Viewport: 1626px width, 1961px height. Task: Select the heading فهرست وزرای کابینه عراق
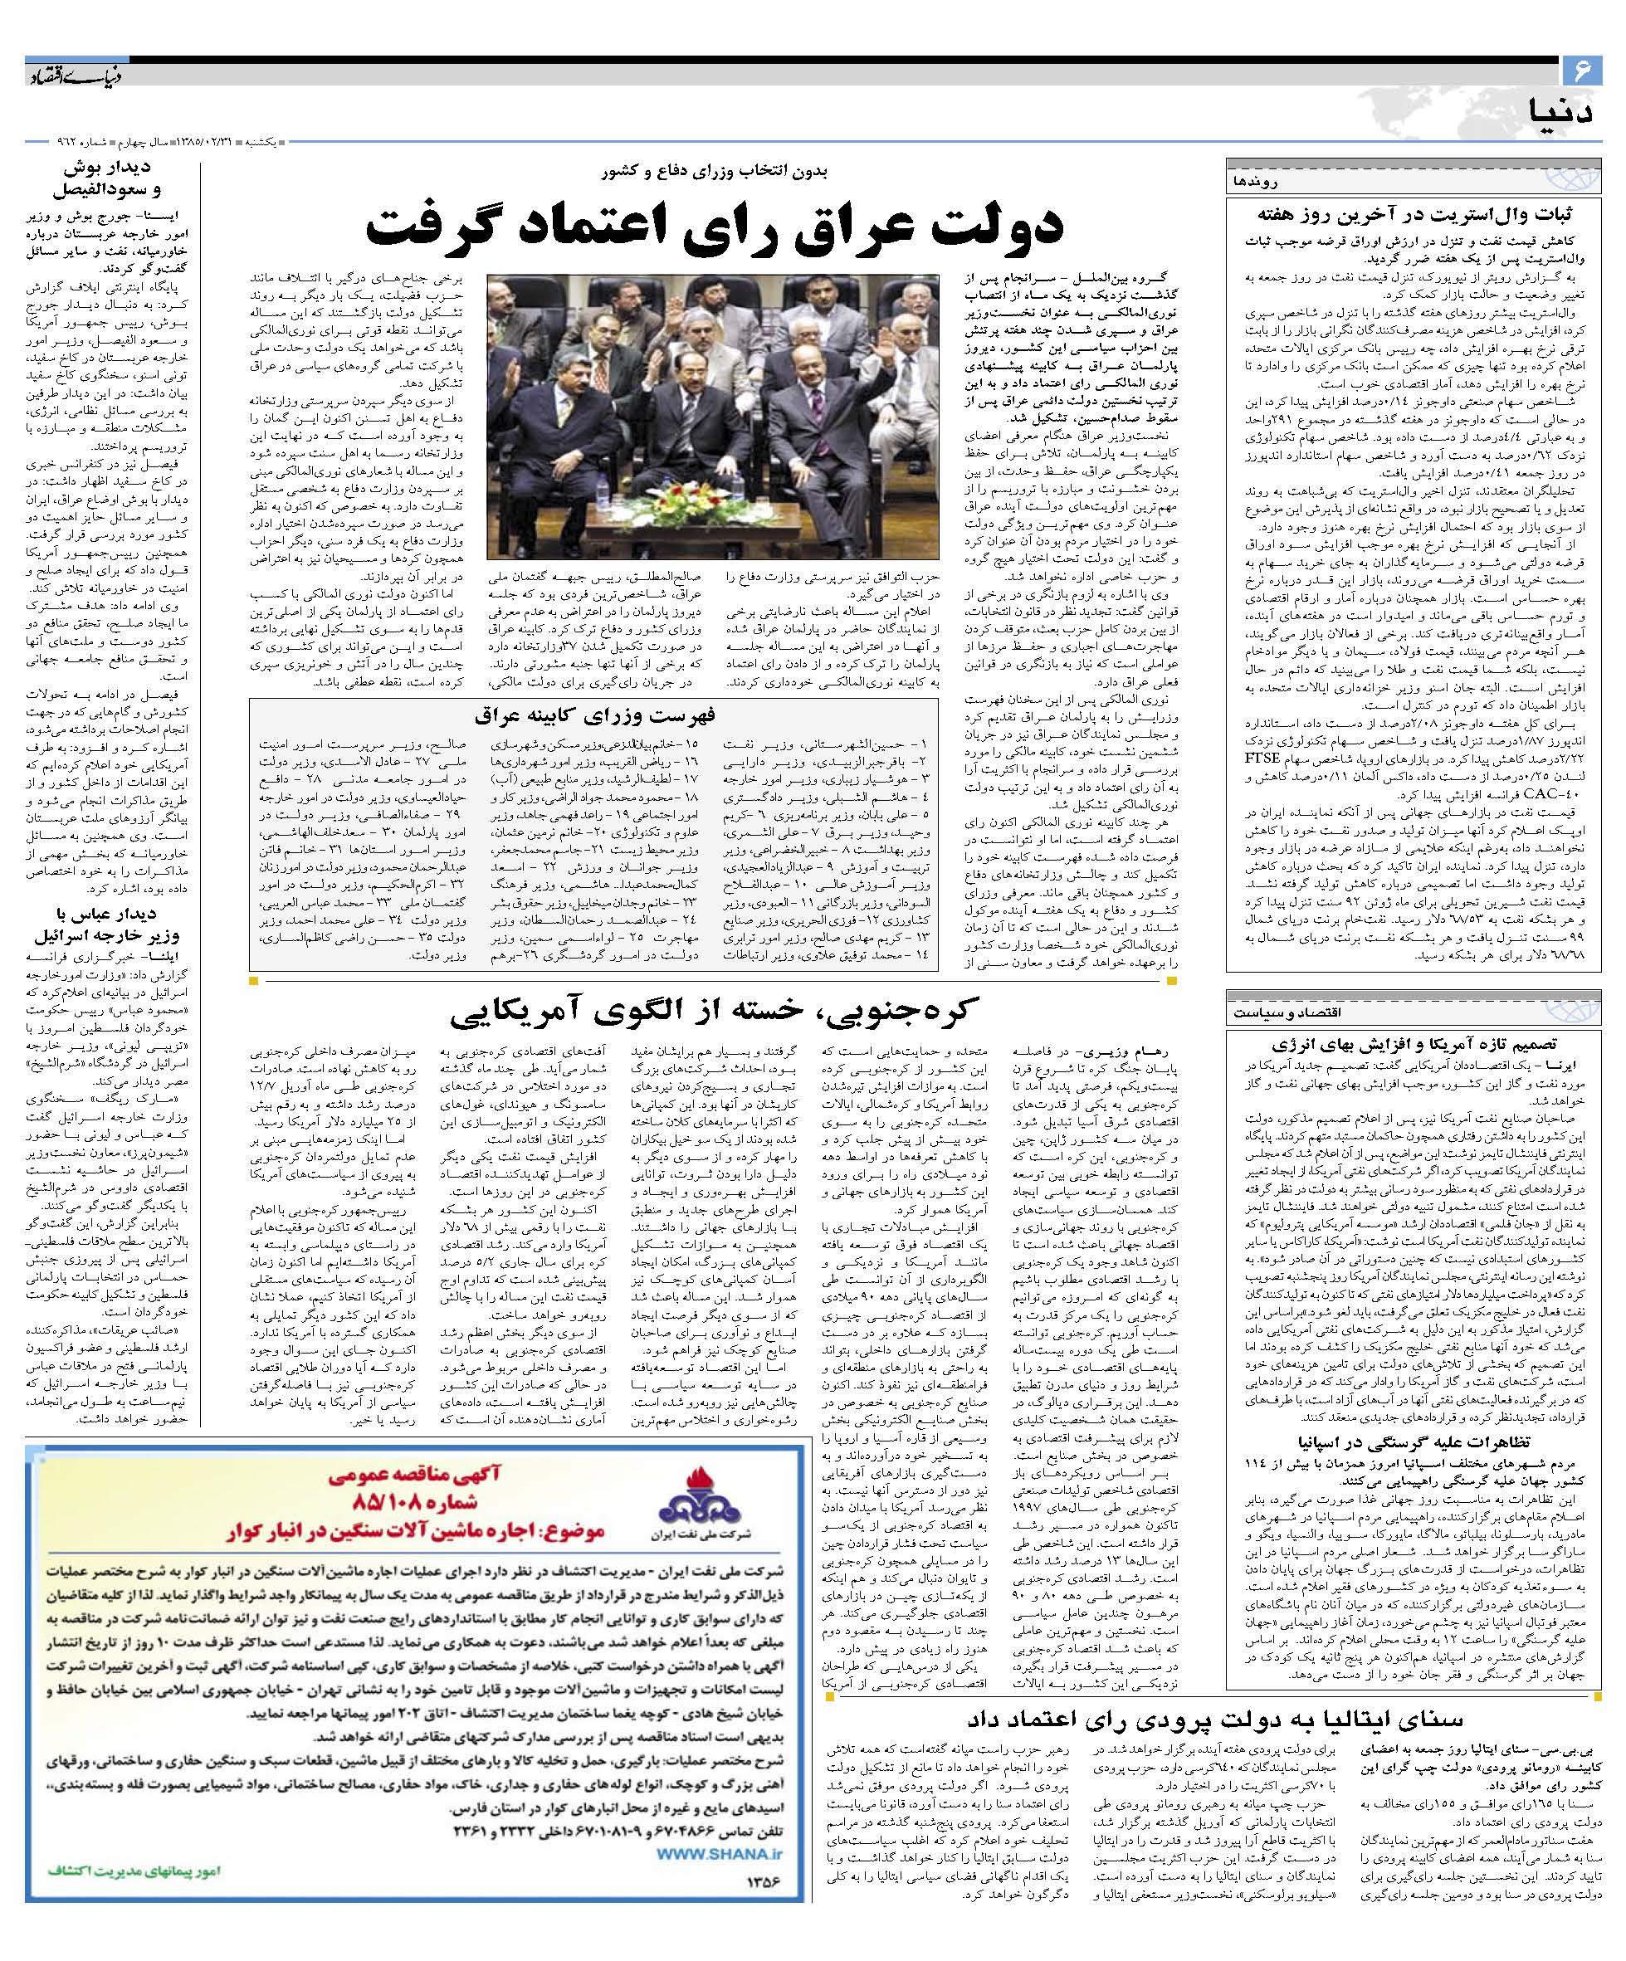click(594, 715)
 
